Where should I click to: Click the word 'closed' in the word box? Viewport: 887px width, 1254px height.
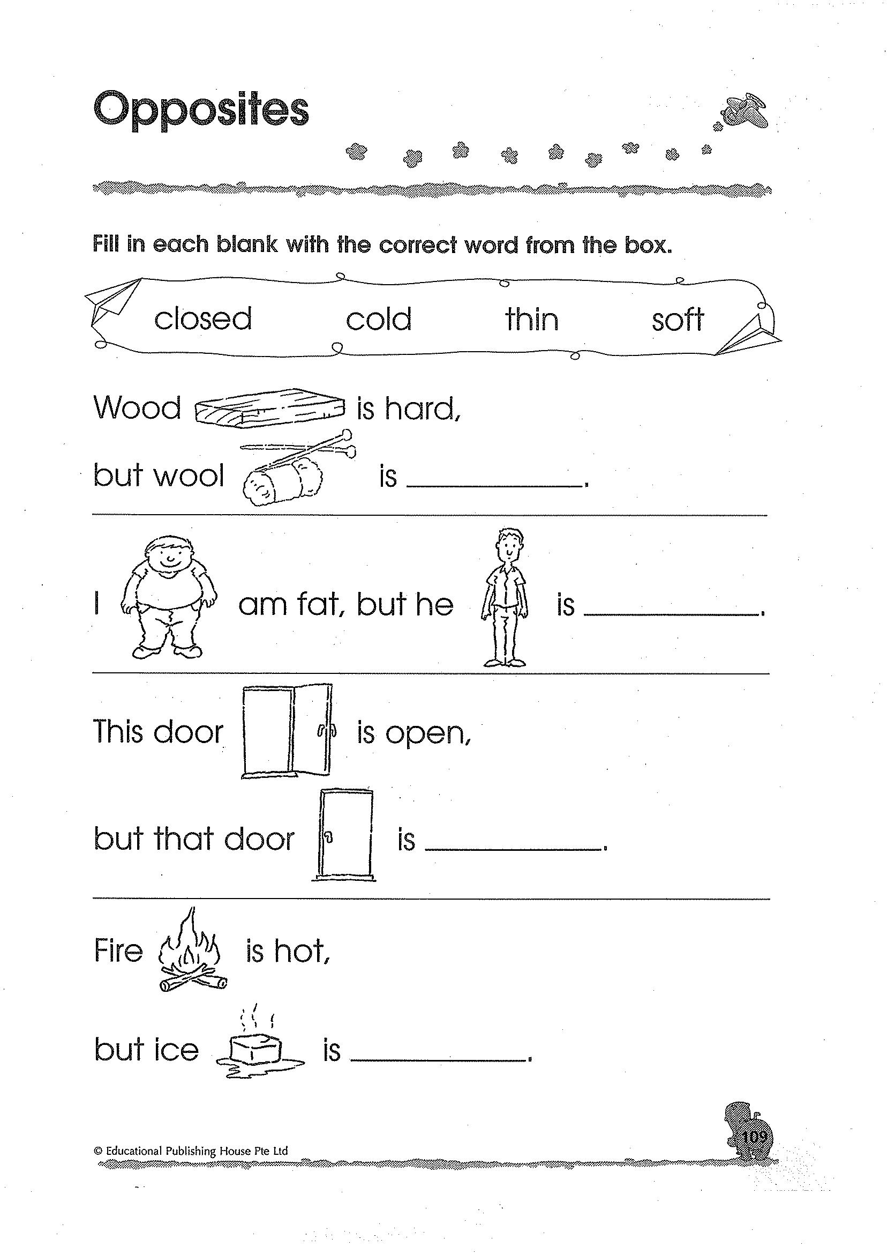(x=202, y=318)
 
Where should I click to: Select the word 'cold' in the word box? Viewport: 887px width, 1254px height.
(x=379, y=318)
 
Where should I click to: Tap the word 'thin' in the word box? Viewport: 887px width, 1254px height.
(x=531, y=318)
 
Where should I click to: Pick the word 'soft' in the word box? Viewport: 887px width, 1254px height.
(x=678, y=318)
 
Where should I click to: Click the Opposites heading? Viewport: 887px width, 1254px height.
(x=201, y=110)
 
